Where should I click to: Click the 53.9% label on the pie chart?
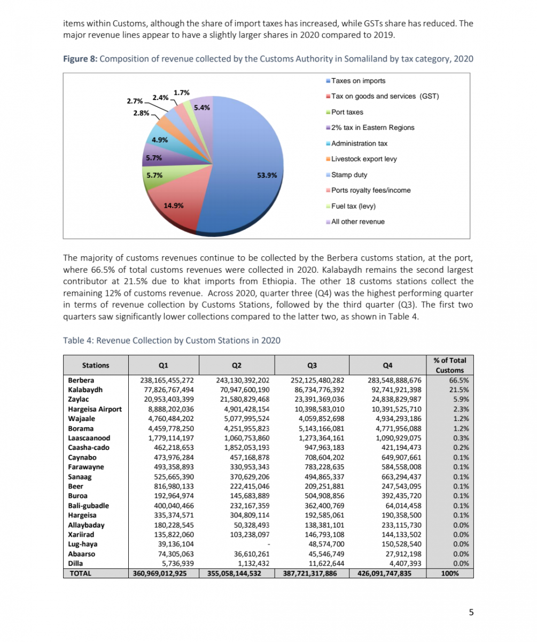point(268,174)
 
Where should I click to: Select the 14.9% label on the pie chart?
point(175,205)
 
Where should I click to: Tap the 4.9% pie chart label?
point(160,140)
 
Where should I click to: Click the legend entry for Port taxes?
point(347,112)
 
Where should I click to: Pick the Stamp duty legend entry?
point(349,174)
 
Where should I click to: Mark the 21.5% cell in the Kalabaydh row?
point(460,390)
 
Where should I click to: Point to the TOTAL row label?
point(80,573)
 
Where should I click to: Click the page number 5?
point(471,613)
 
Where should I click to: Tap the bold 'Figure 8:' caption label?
point(80,59)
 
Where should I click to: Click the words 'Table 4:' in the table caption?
point(78,340)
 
